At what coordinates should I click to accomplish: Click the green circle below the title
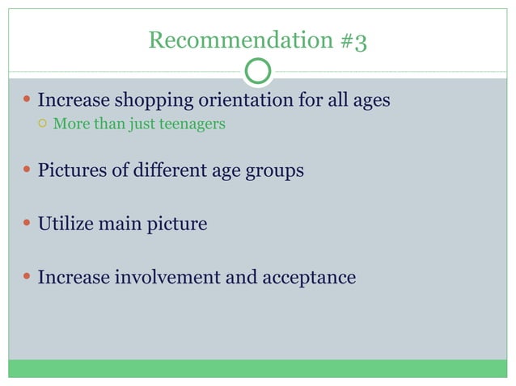coord(258,71)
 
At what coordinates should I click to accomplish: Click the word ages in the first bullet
coord(369,102)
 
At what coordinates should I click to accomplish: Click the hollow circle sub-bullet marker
coord(43,124)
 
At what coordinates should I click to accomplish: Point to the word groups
coord(276,171)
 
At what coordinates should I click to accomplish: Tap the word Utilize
coord(66,224)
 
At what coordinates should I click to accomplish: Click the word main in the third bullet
coord(120,224)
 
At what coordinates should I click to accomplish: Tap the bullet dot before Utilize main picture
coord(27,224)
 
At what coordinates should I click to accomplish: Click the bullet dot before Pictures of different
coord(27,171)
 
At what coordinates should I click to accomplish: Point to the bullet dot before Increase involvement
coord(27,278)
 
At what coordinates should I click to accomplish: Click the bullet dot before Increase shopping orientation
coord(27,102)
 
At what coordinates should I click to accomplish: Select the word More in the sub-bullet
coord(68,124)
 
